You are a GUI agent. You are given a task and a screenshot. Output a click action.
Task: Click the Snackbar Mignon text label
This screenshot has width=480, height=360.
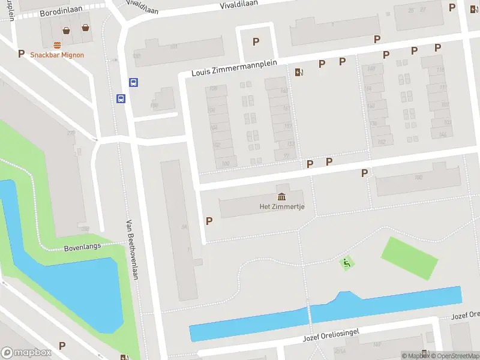(x=57, y=55)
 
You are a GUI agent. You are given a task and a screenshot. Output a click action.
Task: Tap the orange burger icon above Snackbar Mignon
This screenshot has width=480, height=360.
(x=58, y=45)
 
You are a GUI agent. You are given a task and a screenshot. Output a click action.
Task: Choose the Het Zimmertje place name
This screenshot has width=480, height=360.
(x=281, y=206)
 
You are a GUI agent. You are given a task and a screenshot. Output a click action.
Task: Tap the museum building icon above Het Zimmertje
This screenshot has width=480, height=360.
(x=281, y=197)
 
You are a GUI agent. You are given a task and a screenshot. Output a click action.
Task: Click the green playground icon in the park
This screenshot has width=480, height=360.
(x=346, y=263)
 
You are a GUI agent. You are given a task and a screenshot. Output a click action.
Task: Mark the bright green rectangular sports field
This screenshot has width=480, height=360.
(x=410, y=258)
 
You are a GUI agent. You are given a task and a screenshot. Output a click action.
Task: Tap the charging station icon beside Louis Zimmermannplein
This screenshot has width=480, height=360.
(x=299, y=73)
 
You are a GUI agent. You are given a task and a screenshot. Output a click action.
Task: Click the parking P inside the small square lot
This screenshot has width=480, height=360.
(x=256, y=41)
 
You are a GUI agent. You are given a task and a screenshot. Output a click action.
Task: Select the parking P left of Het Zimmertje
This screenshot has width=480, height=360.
(x=209, y=221)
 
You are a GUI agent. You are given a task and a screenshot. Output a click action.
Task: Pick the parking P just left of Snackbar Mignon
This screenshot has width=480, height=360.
(x=21, y=53)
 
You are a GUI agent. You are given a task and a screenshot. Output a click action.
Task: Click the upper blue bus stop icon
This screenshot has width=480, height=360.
(x=133, y=83)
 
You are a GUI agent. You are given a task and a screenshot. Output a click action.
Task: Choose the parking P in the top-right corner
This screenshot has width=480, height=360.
(x=452, y=7)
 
